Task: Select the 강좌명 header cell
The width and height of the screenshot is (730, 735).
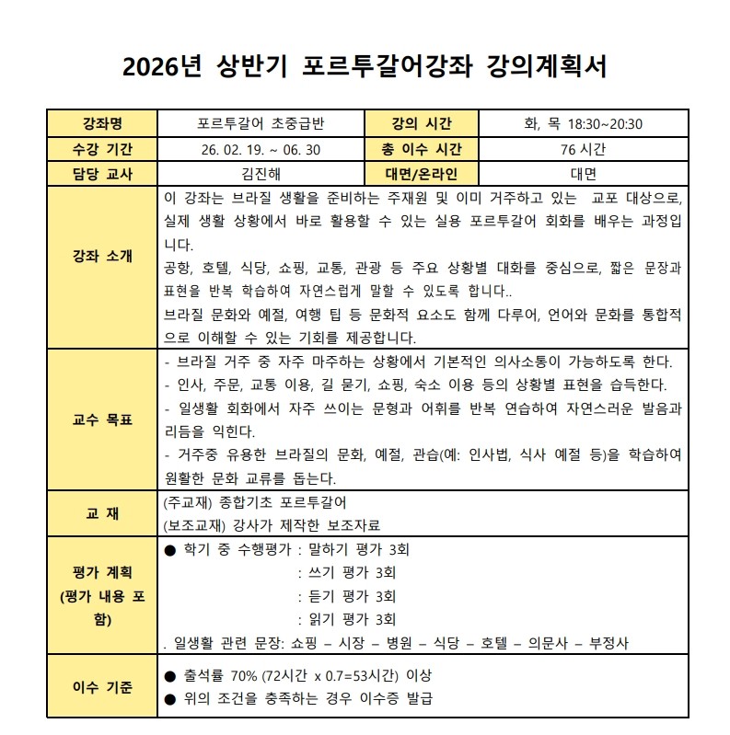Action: [x=101, y=124]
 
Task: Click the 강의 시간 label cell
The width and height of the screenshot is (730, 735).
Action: [x=421, y=124]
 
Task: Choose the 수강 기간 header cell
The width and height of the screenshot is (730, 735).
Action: [x=101, y=149]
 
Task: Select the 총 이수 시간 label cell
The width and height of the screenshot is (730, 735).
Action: [x=421, y=149]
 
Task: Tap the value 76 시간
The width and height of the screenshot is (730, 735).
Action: [x=582, y=149]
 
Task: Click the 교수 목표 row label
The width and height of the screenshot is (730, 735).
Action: [x=101, y=419]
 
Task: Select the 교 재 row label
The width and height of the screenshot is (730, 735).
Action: [x=101, y=513]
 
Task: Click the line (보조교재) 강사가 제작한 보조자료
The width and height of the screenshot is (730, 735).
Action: [x=272, y=525]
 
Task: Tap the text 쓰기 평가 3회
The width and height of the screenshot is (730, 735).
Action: [x=353, y=572]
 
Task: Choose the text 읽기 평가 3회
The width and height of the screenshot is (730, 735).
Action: [x=353, y=619]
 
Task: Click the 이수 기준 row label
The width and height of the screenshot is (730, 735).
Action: [x=101, y=686]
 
